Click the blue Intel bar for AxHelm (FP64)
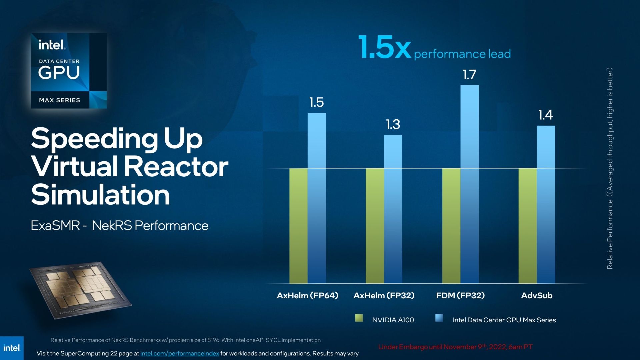(x=317, y=198)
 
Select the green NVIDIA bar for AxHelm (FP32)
(x=375, y=226)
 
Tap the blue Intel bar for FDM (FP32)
(x=470, y=184)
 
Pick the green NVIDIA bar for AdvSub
(x=528, y=226)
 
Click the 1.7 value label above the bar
(x=469, y=75)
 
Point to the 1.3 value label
(x=393, y=124)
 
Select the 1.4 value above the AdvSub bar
(x=546, y=115)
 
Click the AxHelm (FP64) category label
(x=307, y=295)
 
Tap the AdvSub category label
(x=537, y=295)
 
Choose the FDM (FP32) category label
(x=460, y=295)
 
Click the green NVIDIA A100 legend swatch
(x=359, y=318)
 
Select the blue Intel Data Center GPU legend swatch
(x=439, y=318)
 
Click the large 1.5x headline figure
(x=385, y=48)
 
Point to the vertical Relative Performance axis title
(x=610, y=168)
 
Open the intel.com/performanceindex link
(x=180, y=353)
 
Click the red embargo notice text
(x=455, y=347)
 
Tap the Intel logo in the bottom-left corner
(x=12, y=348)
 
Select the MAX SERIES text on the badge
(x=60, y=100)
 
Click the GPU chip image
(x=80, y=290)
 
